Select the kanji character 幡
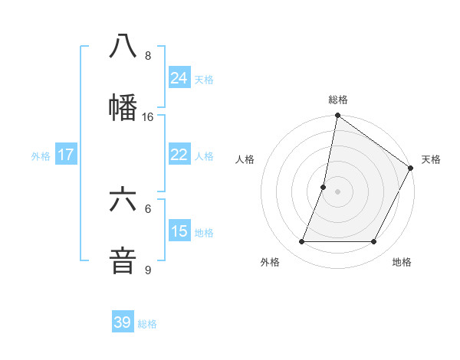click(x=123, y=108)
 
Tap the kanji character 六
click(x=123, y=200)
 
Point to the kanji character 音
click(x=123, y=260)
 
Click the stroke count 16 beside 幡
click(x=148, y=117)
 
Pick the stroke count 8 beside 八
click(x=148, y=56)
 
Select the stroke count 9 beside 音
click(x=148, y=270)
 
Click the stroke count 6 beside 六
click(x=148, y=208)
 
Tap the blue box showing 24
click(x=179, y=77)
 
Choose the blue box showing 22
click(x=179, y=155)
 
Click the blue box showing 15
click(x=179, y=231)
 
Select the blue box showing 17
click(x=66, y=155)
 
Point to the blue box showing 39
click(x=123, y=322)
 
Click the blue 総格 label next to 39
click(x=148, y=324)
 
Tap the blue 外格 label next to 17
click(x=41, y=156)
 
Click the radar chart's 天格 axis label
click(x=431, y=159)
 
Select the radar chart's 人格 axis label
click(x=245, y=159)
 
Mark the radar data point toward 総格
click(x=337, y=116)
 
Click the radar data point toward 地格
click(x=374, y=241)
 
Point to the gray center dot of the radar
click(x=337, y=191)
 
